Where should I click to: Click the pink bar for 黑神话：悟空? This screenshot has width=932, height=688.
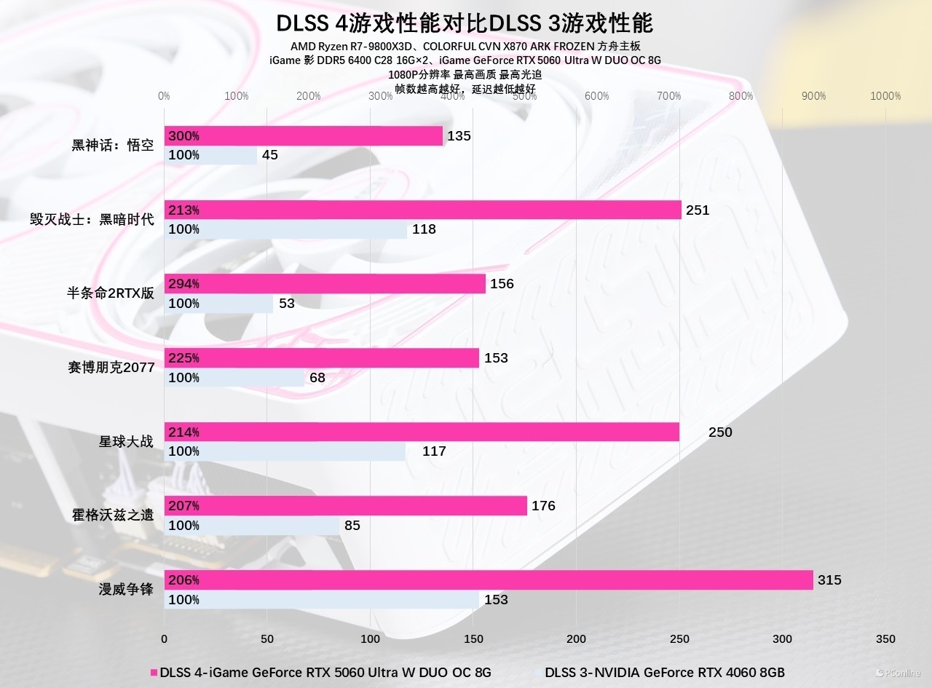304,136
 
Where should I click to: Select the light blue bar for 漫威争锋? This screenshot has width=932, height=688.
321,600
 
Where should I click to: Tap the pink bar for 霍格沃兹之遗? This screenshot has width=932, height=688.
345,506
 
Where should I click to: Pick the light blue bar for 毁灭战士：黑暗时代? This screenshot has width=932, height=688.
285,229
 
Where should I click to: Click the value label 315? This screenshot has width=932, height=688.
829,580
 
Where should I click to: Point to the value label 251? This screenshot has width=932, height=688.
697,210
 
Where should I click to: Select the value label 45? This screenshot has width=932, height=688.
270,155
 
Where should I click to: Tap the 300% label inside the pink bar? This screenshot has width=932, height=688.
183,136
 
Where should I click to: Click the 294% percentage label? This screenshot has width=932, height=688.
183,284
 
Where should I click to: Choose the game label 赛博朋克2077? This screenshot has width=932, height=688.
111,368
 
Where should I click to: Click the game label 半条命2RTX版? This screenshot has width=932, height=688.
111,293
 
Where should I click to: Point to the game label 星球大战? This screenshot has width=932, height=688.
127,441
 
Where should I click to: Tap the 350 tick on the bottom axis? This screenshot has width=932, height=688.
885,639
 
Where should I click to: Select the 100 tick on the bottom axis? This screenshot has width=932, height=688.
370,639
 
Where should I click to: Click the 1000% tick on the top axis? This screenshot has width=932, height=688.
885,96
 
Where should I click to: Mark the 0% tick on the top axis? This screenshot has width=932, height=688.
164,96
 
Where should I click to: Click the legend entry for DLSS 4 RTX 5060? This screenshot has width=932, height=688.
321,672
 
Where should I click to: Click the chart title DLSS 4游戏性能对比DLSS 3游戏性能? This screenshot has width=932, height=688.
465,23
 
